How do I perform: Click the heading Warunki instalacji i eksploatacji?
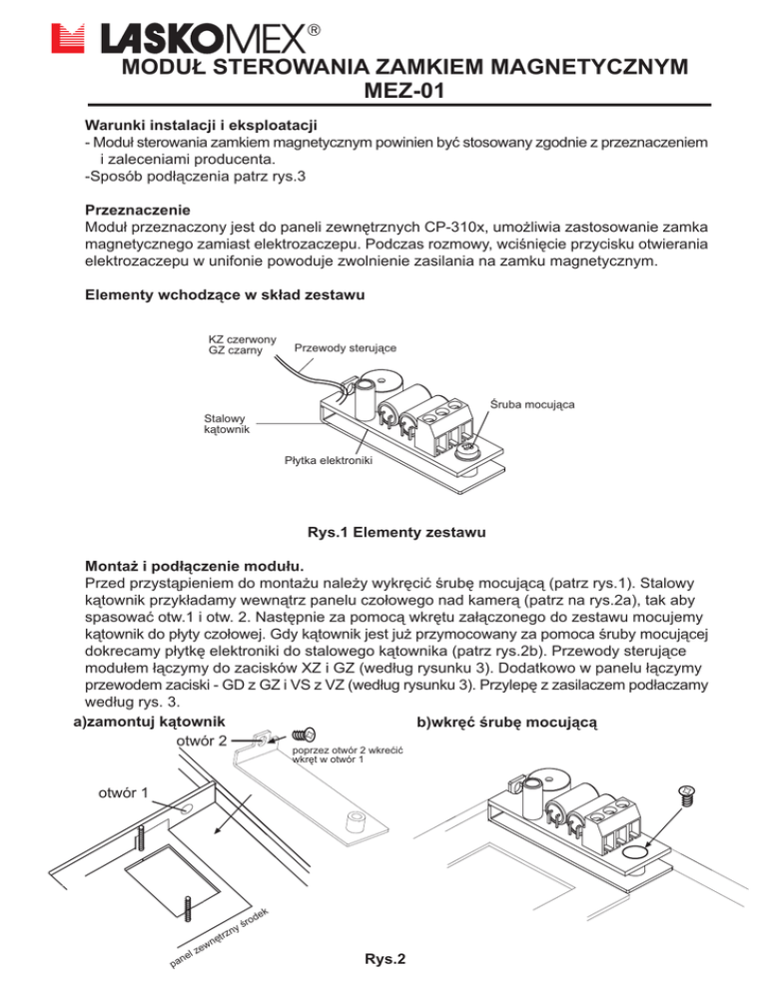point(201,126)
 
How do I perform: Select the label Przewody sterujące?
point(346,348)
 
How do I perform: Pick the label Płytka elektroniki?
point(328,460)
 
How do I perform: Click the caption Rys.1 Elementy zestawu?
point(384,534)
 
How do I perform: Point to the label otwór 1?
point(124,794)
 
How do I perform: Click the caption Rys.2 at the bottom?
point(385,960)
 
